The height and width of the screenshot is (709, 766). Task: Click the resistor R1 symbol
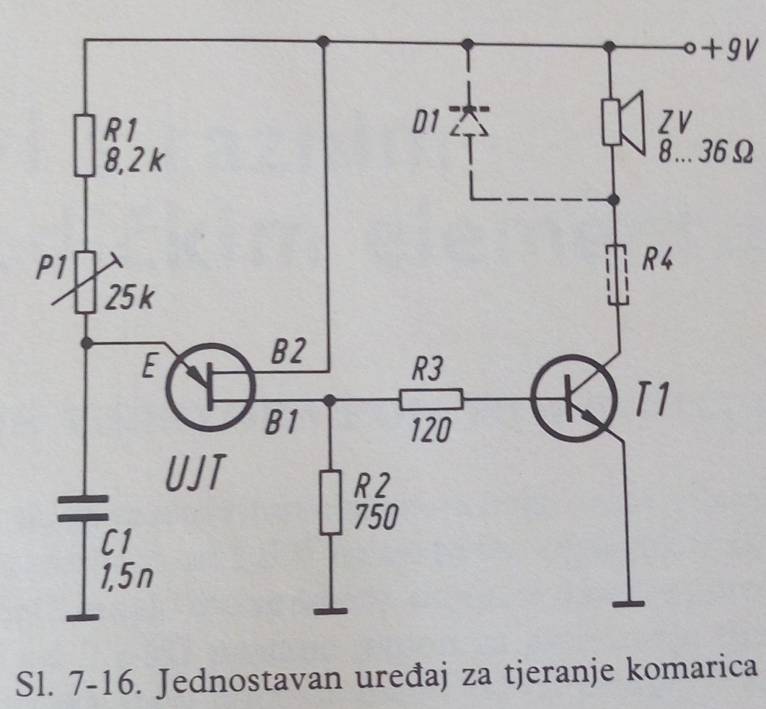point(86,144)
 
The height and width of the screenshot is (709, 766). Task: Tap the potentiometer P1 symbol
point(87,281)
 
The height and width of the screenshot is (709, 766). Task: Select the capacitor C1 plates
point(84,507)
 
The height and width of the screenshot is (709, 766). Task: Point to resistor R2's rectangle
point(328,502)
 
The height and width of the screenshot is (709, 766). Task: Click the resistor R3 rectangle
point(432,400)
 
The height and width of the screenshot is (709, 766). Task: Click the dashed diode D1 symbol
point(469,122)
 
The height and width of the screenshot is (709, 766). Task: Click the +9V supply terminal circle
point(689,49)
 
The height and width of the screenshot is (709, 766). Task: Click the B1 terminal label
point(283,427)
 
